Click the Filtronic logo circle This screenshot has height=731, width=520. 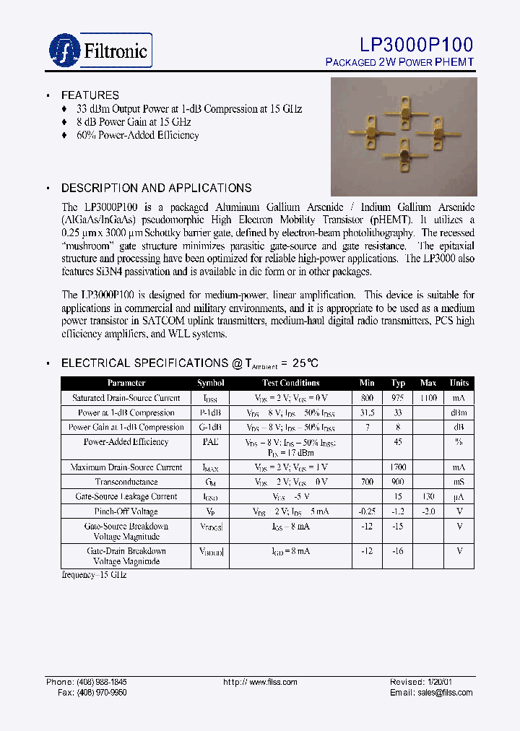(64, 50)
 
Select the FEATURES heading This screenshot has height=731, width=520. (90, 95)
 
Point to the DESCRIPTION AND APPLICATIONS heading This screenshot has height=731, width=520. (156, 188)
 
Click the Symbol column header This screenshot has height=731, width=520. (210, 383)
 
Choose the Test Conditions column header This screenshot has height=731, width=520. (290, 383)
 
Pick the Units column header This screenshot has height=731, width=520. (459, 383)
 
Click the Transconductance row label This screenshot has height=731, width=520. (126, 482)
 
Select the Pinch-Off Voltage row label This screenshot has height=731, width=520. (126, 511)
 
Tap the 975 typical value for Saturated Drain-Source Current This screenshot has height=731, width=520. (398, 398)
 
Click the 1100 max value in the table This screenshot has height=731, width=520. (428, 398)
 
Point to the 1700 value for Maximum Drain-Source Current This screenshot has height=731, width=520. (398, 467)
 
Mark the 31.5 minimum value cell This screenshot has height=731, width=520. (367, 412)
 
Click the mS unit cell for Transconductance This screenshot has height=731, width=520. (459, 482)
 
